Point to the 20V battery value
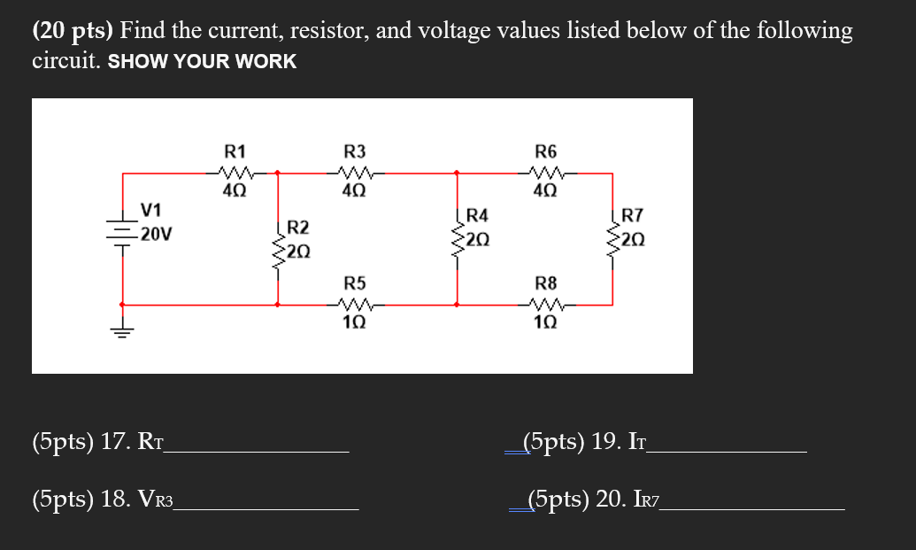tap(156, 235)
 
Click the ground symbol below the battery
tap(121, 331)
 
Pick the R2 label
tap(298, 229)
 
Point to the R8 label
tap(546, 283)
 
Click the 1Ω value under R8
tap(546, 322)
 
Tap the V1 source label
tap(151, 210)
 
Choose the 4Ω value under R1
tap(236, 189)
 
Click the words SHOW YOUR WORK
tap(202, 62)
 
